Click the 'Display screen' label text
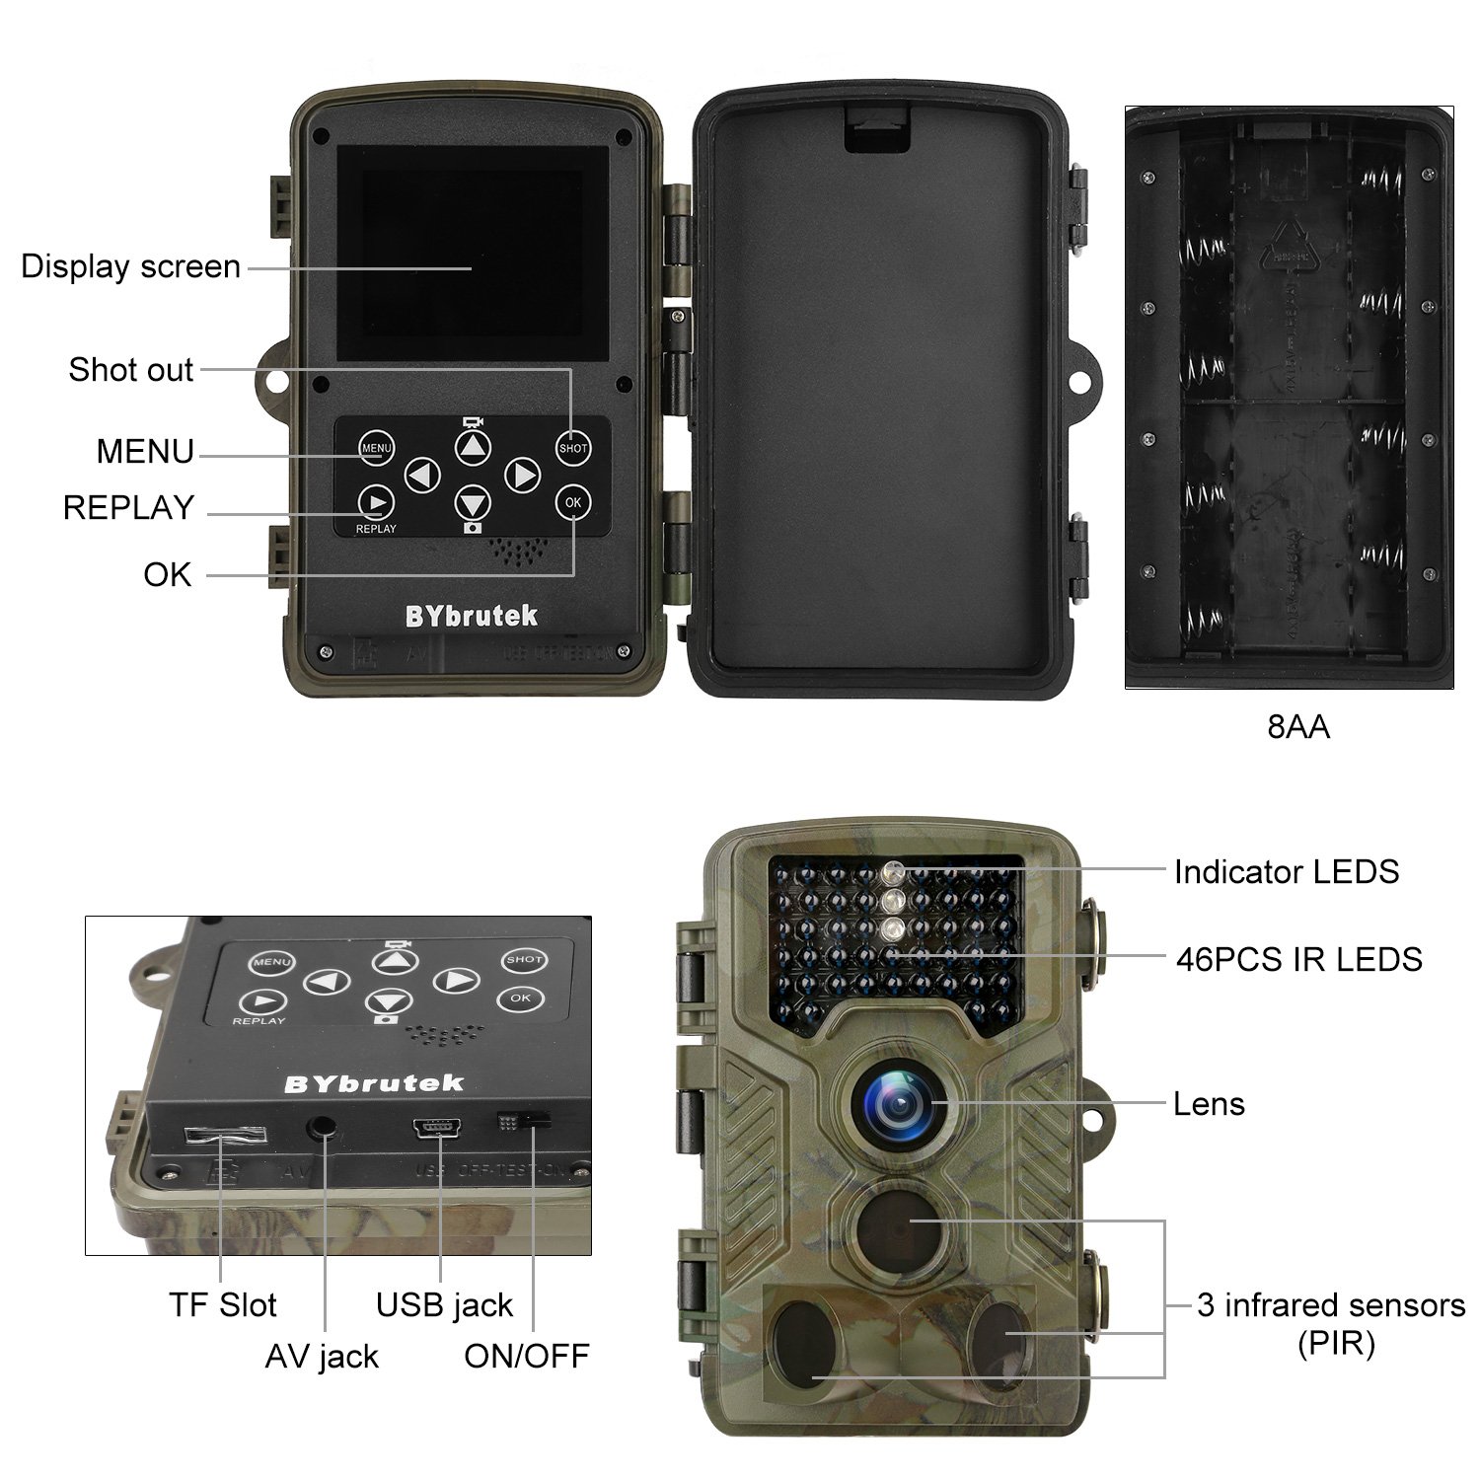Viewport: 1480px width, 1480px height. pos(130,266)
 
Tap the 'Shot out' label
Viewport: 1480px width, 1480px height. pos(130,370)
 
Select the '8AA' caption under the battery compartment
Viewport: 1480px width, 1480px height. pos(1298,727)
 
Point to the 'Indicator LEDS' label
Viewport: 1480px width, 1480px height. pos(1286,871)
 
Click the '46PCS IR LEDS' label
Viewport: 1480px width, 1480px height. pos(1298,959)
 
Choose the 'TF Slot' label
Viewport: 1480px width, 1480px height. pos(222,1304)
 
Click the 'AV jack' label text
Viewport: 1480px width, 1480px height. pos(322,1357)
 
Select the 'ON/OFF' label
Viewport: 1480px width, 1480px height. pos(526,1357)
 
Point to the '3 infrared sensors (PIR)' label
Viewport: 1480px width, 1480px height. pos(1330,1322)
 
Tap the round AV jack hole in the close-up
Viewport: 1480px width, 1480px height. pos(322,1126)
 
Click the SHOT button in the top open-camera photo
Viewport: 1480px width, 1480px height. pos(573,447)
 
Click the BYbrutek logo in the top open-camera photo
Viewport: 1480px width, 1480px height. pos(471,617)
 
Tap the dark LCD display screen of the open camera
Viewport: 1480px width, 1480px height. pos(473,254)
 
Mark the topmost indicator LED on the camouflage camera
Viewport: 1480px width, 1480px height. pos(893,870)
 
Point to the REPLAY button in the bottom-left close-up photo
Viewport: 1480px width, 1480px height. pos(259,1003)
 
